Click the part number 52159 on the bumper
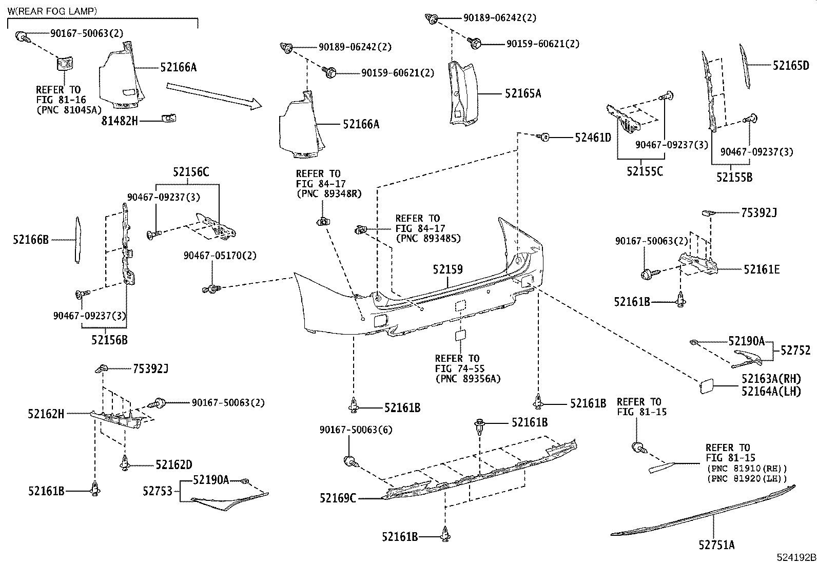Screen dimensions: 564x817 pos(448,269)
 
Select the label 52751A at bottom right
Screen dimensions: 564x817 pos(716,545)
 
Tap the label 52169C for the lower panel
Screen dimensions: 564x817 pos(337,498)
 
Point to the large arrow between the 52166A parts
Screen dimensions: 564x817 pos(213,96)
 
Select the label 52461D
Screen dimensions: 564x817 pos(593,138)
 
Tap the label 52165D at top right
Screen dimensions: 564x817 pos(791,65)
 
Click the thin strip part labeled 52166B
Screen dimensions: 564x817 pos(77,240)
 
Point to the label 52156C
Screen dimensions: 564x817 pos(190,172)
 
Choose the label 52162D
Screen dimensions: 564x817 pos(173,465)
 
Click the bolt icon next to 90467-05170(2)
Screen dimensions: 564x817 pos(210,288)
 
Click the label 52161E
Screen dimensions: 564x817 pos(762,269)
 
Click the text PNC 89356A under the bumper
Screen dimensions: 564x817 pos(467,379)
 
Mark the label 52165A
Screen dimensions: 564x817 pos(522,93)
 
